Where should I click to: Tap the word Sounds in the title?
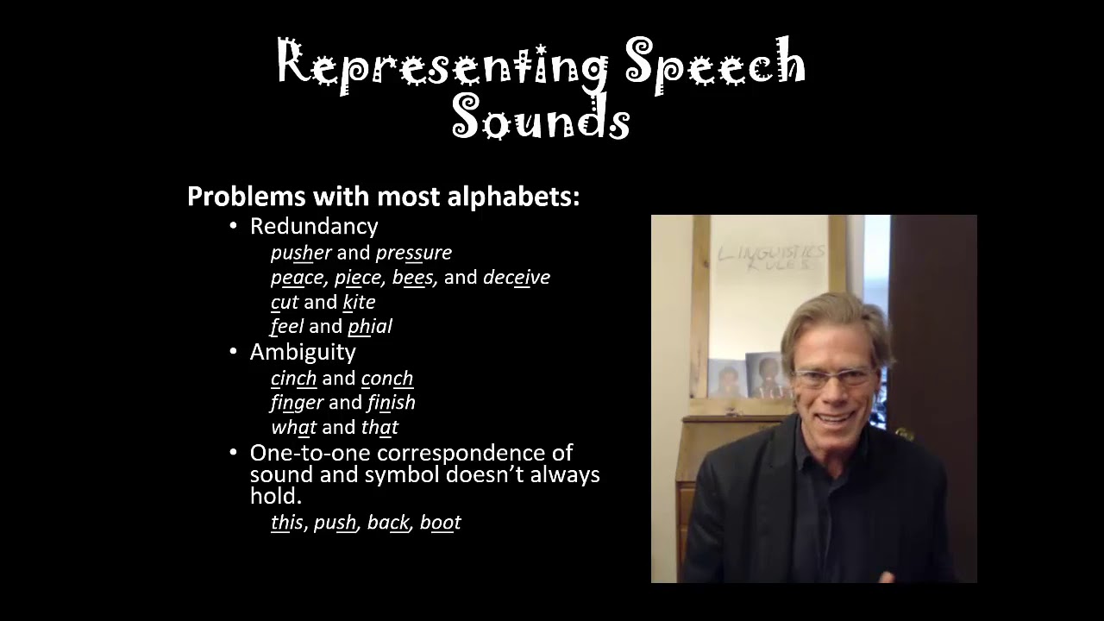click(541, 118)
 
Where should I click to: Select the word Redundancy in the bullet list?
click(314, 226)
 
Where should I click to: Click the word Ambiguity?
click(303, 352)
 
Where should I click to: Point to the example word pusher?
click(301, 253)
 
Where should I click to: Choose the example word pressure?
click(413, 253)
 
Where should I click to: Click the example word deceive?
click(516, 277)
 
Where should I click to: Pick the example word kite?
click(359, 302)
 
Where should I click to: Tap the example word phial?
click(370, 326)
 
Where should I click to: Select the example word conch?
click(386, 379)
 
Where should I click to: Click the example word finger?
click(297, 403)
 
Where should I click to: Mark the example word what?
click(293, 427)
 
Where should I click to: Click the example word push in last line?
click(336, 523)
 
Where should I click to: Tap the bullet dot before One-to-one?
click(233, 453)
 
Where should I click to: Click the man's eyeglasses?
click(833, 377)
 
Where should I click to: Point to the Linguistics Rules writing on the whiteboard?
click(769, 257)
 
